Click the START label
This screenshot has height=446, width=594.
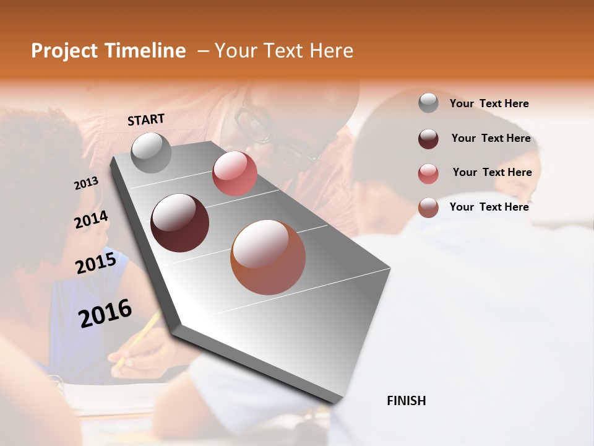(146, 120)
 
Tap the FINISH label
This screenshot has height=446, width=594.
(406, 401)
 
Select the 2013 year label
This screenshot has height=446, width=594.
(87, 183)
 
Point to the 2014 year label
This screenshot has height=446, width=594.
(91, 220)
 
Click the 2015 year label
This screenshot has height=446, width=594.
(96, 263)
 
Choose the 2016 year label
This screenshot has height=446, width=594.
(105, 313)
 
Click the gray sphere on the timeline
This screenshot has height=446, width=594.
(151, 152)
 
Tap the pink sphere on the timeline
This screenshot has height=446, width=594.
(235, 173)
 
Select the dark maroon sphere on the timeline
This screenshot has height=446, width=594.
(180, 223)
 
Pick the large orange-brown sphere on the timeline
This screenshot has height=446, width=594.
(268, 257)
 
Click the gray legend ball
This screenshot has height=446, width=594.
(428, 103)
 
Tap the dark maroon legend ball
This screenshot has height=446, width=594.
(428, 139)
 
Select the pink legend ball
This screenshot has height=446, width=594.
(428, 173)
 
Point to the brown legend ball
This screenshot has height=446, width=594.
(428, 208)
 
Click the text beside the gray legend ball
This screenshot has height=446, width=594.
(489, 103)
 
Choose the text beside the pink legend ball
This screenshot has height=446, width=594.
(492, 172)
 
